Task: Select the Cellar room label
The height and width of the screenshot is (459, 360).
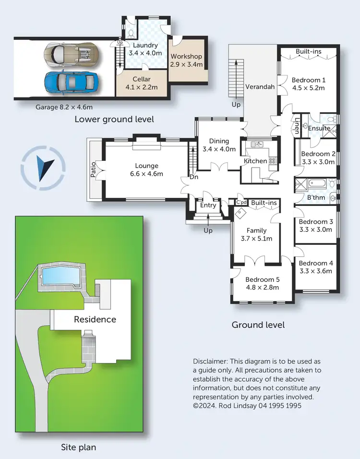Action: point(142,79)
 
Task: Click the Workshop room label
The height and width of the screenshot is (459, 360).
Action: point(187,56)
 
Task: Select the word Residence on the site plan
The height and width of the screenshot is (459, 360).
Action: point(95,319)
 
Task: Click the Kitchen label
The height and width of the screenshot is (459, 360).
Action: point(255,161)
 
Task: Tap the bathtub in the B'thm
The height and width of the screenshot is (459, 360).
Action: point(318,183)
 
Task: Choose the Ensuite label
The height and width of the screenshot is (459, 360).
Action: point(319,128)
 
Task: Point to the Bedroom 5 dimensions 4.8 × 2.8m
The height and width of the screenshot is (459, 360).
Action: point(262,288)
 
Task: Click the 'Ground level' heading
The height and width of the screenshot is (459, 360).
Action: point(258,325)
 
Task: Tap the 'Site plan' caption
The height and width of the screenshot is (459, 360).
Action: point(78,447)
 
